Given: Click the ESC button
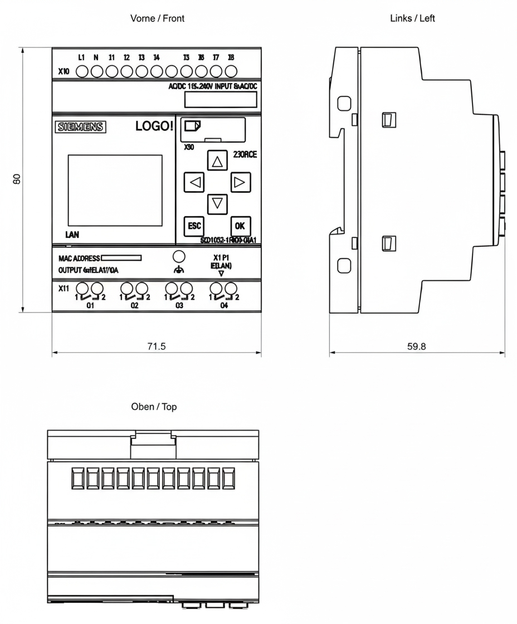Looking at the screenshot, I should pos(194,226).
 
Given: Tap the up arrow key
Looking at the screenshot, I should pos(217,162).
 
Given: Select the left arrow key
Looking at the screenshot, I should pos(194,182).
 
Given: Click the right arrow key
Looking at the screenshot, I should pos(240,182).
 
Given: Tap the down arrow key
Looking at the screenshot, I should pos(217,203).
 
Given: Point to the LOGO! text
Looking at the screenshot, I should pos(154,126).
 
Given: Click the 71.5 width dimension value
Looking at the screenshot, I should pos(157,346).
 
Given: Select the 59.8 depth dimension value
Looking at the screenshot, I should pos(416,346).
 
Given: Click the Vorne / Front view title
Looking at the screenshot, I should pos(157,18).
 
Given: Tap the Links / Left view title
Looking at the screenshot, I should pos(413,18).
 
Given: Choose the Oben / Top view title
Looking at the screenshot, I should pos(154,407).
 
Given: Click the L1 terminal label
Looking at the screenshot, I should pos(81,57).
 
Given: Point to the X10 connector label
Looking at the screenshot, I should pos(64,72).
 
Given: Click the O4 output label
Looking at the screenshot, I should pos(224,306).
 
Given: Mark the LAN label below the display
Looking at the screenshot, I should pos(72,235).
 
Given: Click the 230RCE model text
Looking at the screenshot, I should pos(245,155).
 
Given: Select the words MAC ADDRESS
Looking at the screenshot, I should pos(79,259).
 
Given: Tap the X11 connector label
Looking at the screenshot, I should pos(64,289).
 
